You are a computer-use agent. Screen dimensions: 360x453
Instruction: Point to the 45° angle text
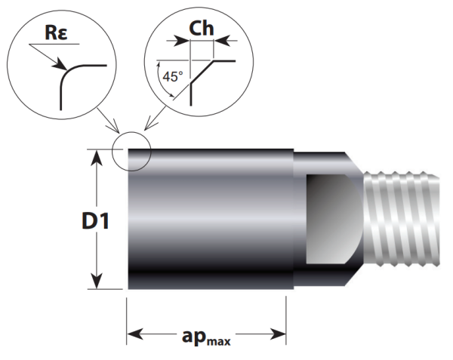174,76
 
